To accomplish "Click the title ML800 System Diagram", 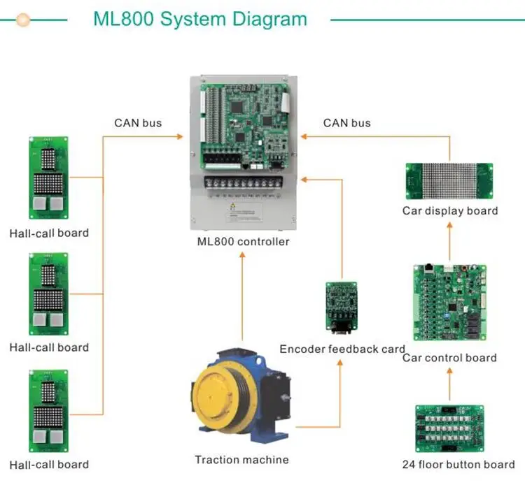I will pos(199,19).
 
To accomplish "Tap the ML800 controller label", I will pos(243,242).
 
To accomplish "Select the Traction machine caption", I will pos(241,459).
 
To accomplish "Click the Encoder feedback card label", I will pos(342,349).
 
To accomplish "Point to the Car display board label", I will pos(450,210).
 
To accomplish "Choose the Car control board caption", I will pos(449,358).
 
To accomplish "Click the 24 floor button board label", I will pos(458,464).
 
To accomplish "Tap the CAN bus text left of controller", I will pos(138,123).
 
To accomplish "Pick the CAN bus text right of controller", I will pos(347,123).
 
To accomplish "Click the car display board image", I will pos(449,181).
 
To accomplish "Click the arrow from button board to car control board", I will pos(449,384).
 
